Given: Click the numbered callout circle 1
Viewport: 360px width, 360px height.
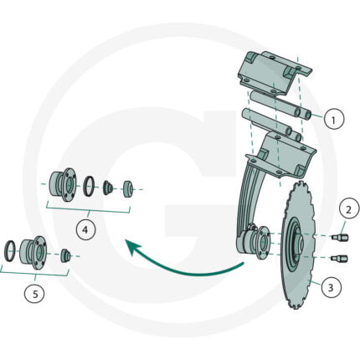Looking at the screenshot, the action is pyautogui.click(x=334, y=119).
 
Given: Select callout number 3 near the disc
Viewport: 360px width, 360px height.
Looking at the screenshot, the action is pyautogui.click(x=332, y=287).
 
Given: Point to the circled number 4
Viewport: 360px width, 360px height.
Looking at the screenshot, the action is pyautogui.click(x=86, y=230).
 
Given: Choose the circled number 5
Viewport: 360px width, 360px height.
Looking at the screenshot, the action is pyautogui.click(x=34, y=294).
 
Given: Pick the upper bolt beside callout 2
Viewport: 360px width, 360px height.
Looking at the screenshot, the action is pyautogui.click(x=340, y=238).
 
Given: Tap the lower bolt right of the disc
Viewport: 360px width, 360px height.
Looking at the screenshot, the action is pyautogui.click(x=339, y=259).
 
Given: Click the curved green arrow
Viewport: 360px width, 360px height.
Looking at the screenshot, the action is pyautogui.click(x=178, y=267).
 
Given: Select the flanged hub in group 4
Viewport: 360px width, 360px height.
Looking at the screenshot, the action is pyautogui.click(x=62, y=184).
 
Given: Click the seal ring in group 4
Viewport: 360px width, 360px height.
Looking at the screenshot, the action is pyautogui.click(x=90, y=186).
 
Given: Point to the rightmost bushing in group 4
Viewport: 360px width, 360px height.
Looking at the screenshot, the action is pyautogui.click(x=128, y=189).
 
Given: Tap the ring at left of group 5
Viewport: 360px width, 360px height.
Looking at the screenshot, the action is pyautogui.click(x=10, y=250).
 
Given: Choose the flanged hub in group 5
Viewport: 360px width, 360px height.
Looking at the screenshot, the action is pyautogui.click(x=33, y=252).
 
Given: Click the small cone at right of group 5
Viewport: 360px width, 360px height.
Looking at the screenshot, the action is pyautogui.click(x=65, y=255).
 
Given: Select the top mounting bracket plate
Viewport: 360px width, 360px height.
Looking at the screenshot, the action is pyautogui.click(x=275, y=71).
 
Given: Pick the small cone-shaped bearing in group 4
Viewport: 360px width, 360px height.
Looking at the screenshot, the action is pyautogui.click(x=108, y=188).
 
